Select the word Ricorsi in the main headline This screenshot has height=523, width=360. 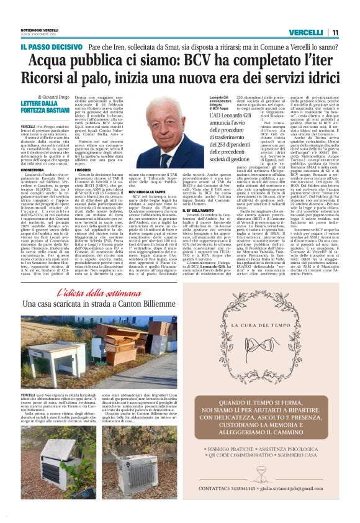(x=46, y=79)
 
